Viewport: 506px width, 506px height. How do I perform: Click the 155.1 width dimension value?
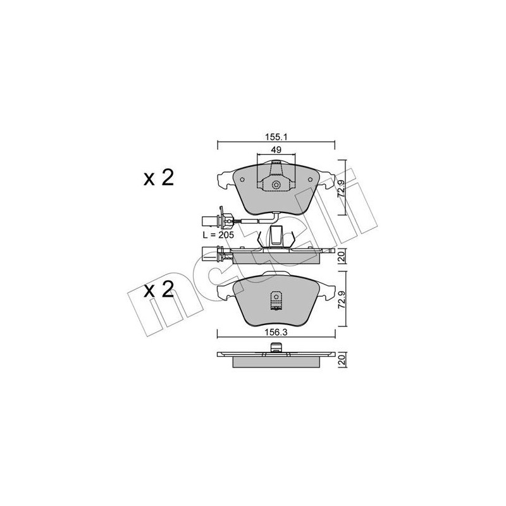pyautogui.click(x=276, y=137)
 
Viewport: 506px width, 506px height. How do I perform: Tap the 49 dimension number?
pyautogui.click(x=276, y=150)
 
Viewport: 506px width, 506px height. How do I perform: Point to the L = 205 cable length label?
pyautogui.click(x=218, y=235)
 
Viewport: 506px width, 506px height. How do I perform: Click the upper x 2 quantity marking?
pyautogui.click(x=159, y=178)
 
